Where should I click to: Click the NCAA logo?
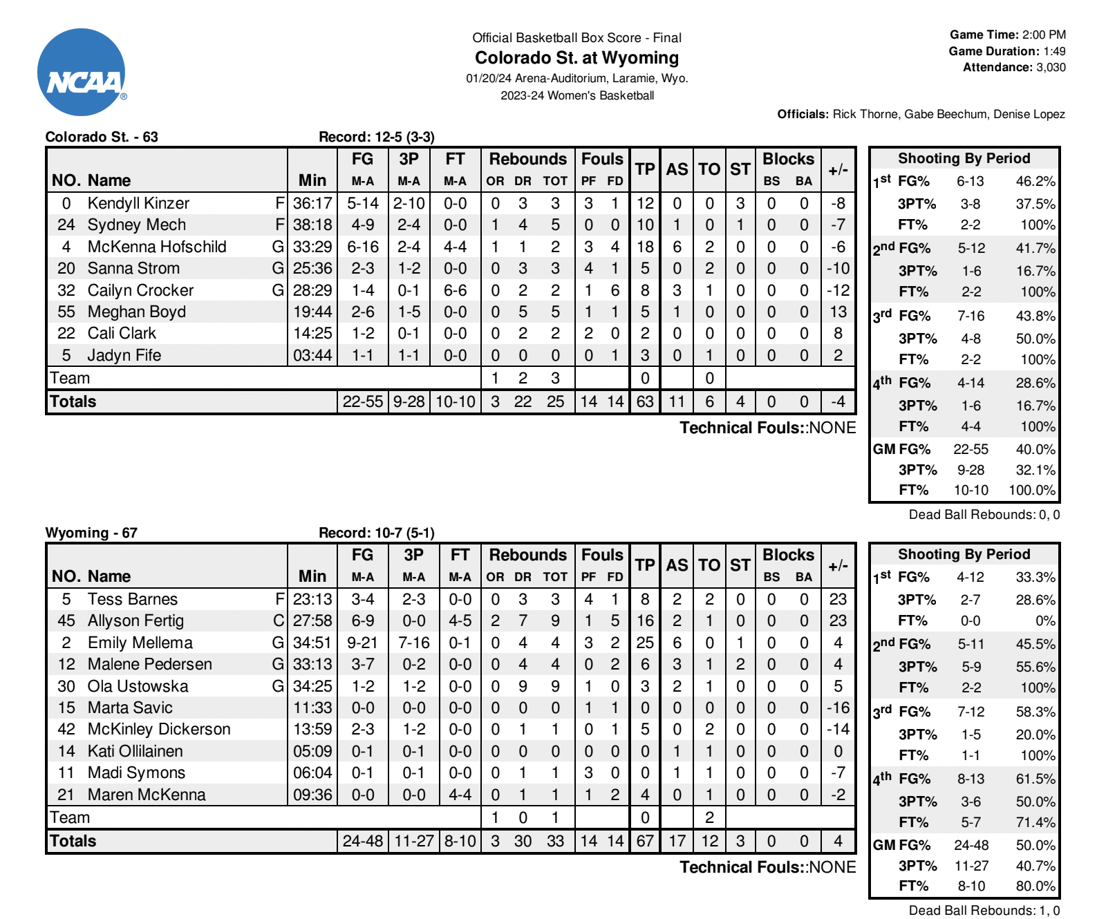click(82, 72)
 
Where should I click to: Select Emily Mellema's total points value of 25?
click(644, 643)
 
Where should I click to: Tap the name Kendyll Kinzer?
click(138, 203)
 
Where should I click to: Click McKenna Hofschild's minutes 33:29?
click(312, 247)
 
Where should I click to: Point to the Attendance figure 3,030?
click(1051, 67)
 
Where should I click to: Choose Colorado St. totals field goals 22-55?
click(362, 401)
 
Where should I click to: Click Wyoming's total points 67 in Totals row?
click(644, 841)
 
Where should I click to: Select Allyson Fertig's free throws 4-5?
click(460, 620)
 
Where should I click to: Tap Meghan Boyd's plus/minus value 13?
click(838, 312)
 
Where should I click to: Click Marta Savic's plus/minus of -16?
click(838, 708)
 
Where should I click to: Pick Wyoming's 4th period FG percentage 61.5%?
click(1035, 779)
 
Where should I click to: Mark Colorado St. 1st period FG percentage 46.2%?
click(1035, 181)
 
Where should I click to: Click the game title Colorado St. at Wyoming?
click(577, 57)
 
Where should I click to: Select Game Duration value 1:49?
click(1054, 51)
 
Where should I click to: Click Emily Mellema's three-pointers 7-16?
click(413, 643)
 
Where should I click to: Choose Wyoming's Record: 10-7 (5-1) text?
click(376, 533)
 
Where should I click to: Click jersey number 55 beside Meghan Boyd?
click(66, 312)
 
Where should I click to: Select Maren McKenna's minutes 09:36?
click(312, 795)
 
